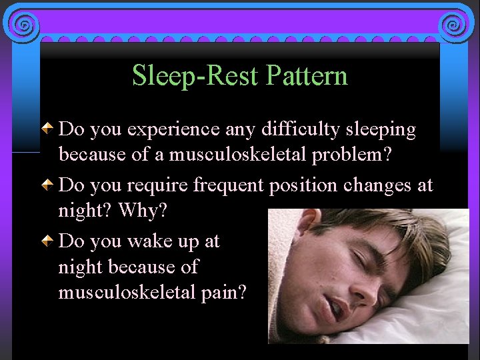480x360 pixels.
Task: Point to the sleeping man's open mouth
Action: pos(337,307)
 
